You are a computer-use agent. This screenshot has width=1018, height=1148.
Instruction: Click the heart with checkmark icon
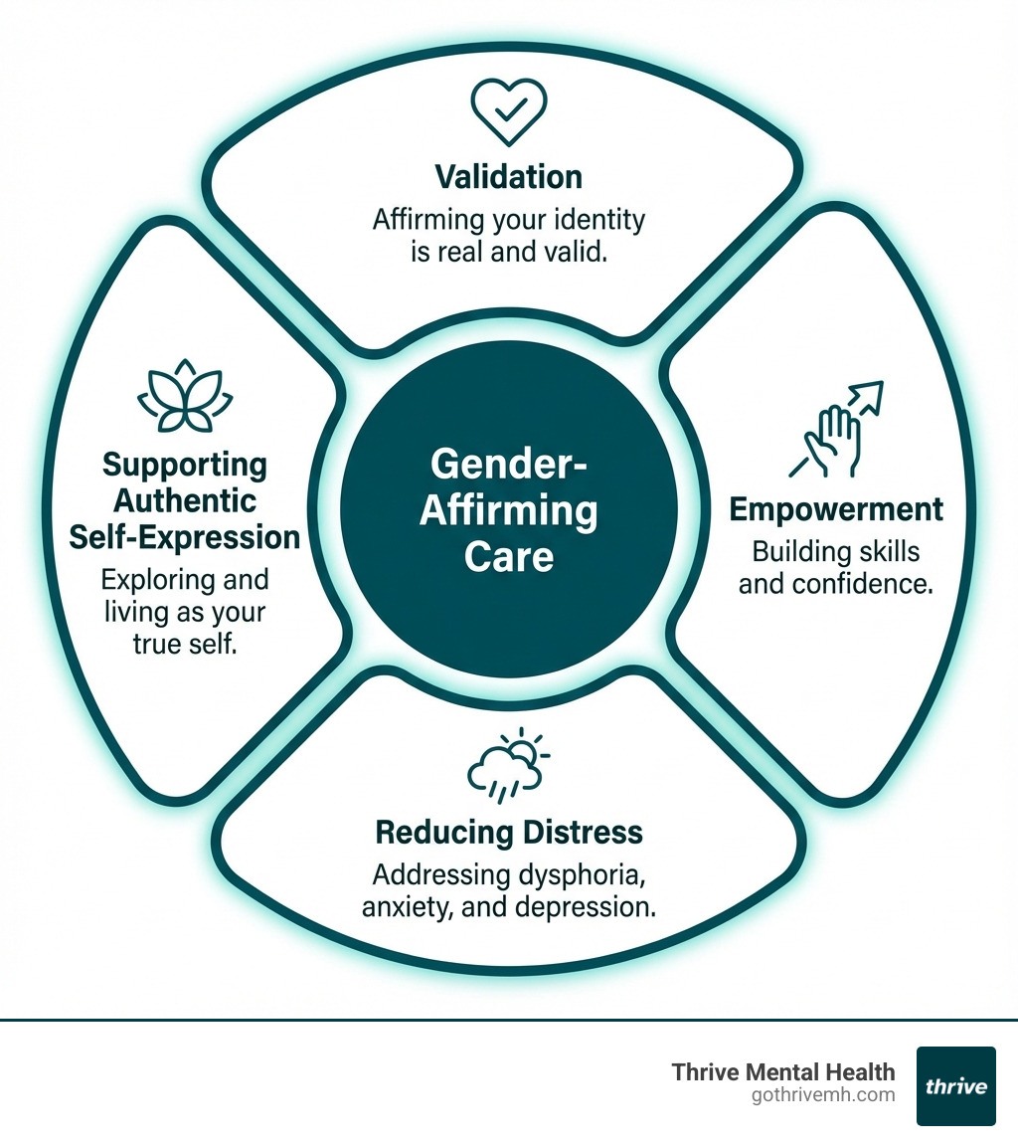pyautogui.click(x=508, y=112)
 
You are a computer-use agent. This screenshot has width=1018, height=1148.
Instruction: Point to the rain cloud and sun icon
pyautogui.click(x=508, y=767)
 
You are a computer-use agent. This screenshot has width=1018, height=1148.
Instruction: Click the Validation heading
pyautogui.click(x=508, y=177)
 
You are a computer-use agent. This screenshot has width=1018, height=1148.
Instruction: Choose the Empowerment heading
pyautogui.click(x=836, y=509)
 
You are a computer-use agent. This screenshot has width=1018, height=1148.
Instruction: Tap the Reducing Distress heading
pyautogui.click(x=508, y=832)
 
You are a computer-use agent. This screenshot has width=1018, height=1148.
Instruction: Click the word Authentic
pyautogui.click(x=185, y=500)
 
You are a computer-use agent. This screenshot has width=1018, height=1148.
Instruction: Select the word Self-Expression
pyautogui.click(x=185, y=537)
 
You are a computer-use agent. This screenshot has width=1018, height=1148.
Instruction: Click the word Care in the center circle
pyautogui.click(x=508, y=556)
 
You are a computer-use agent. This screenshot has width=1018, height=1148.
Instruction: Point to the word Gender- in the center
pyautogui.click(x=508, y=465)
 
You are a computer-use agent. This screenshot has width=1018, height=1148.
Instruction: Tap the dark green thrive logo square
pyautogui.click(x=955, y=1085)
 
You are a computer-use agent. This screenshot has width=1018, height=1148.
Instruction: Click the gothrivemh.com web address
pyautogui.click(x=824, y=1095)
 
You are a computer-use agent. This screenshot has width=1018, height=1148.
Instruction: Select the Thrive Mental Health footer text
pyautogui.click(x=783, y=1071)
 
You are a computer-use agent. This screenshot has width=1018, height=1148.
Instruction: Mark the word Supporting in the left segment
pyautogui.click(x=185, y=465)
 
